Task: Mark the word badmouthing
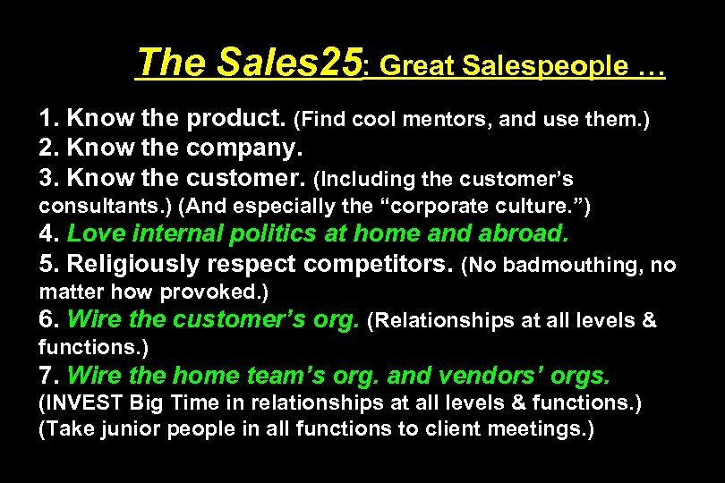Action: pos(566,266)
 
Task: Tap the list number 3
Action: pos(46,177)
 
